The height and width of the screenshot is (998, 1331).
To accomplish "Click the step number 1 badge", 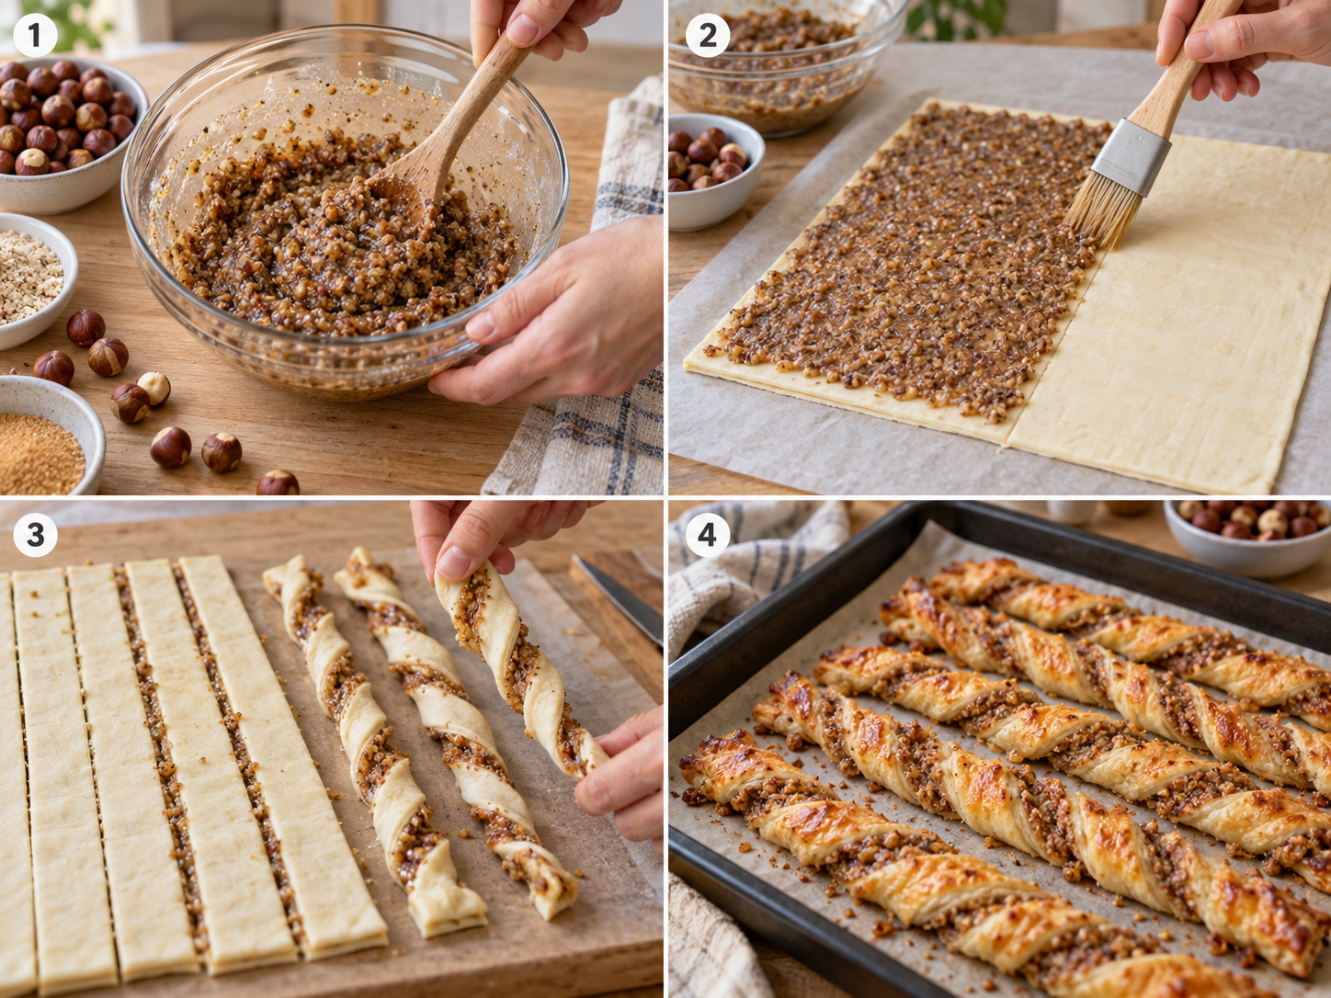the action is coord(35,35).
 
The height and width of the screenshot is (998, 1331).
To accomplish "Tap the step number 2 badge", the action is coord(707,35).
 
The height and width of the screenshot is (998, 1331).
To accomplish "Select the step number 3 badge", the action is coord(35,535).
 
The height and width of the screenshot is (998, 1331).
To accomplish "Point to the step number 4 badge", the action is coord(707,535).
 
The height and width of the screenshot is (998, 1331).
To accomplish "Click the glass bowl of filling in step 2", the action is coord(783,63).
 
